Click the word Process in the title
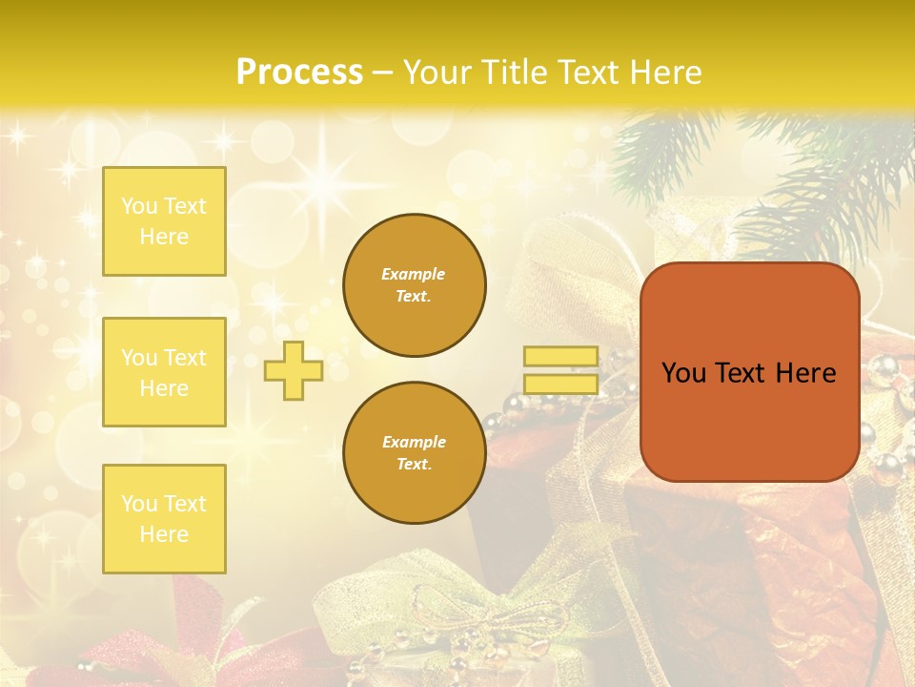299,72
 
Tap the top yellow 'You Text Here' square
164,221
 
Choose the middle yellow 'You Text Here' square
164,372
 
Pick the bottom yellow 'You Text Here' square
164,519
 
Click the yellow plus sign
294,370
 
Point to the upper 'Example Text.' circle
415,284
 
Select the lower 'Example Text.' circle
415,453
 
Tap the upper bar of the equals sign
561,357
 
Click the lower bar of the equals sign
561,384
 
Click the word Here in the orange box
805,373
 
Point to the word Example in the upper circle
414,274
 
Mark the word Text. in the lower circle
414,464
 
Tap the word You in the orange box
683,373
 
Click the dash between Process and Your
383,73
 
